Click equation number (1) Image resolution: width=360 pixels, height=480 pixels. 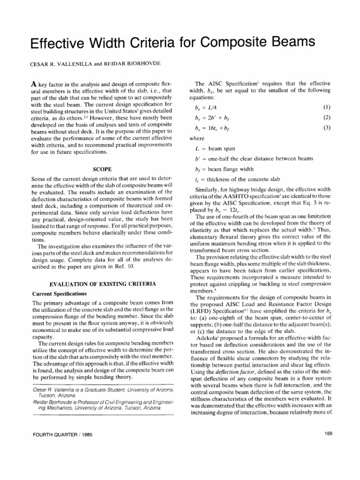tap(327, 108)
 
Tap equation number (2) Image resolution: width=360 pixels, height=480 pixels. tap(327, 118)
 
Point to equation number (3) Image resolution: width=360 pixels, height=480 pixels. tap(327, 128)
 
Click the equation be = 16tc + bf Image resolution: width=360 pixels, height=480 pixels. tap(213, 128)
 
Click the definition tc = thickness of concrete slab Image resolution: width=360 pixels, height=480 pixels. tap(239, 179)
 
